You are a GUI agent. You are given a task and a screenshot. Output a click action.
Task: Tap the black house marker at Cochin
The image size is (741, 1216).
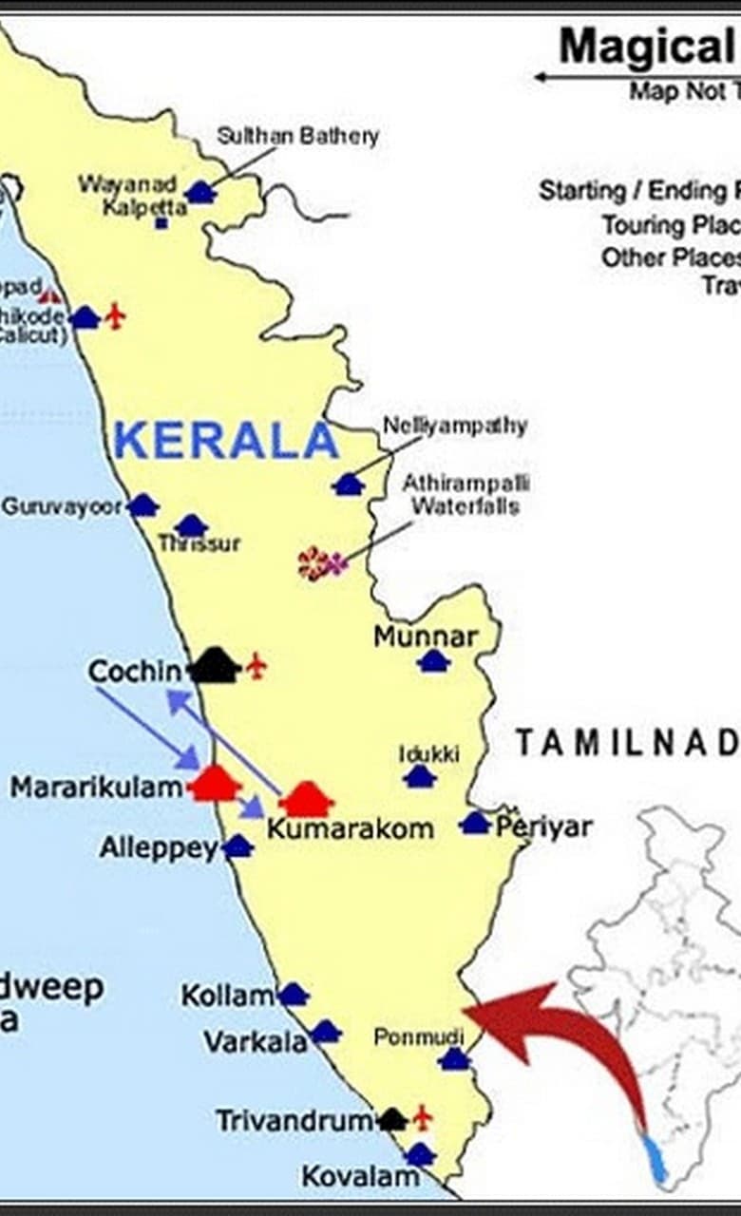pos(214,666)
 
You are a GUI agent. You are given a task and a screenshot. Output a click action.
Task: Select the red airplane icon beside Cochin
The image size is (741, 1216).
pos(256,666)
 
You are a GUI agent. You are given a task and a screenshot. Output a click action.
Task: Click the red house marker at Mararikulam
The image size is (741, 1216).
pos(215,785)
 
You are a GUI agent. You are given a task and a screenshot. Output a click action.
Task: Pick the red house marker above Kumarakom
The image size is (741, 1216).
pos(306,800)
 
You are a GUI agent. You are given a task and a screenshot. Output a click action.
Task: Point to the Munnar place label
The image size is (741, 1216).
pos(425,636)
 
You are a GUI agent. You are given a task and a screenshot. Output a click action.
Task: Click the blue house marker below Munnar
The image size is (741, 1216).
pos(433,661)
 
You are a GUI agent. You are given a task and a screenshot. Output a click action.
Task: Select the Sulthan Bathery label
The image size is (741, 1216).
pos(297,136)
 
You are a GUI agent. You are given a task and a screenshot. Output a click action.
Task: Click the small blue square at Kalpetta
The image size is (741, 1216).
pos(161,223)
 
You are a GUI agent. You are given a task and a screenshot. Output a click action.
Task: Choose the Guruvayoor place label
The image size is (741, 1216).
pos(63,506)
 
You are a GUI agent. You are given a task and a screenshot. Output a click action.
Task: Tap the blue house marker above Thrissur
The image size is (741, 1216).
pos(191,526)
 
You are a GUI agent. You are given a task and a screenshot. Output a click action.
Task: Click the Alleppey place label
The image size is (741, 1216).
pos(159,847)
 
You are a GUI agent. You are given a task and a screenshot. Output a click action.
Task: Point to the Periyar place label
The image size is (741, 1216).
pos(543,826)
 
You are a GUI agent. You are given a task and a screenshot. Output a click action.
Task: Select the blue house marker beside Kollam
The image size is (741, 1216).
pos(293,995)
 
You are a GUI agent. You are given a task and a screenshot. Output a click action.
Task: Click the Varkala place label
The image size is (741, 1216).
pos(255,1041)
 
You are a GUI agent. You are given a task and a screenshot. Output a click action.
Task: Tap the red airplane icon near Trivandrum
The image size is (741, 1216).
pos(422,1117)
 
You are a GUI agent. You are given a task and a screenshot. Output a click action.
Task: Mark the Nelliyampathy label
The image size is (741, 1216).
pos(455,426)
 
